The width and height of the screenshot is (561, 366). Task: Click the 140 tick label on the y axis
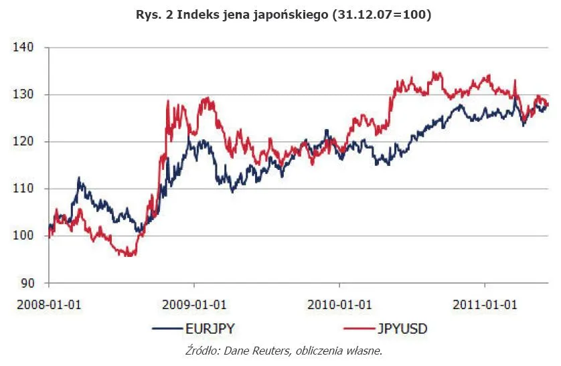(x=23, y=48)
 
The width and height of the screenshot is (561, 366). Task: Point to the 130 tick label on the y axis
(x=23, y=95)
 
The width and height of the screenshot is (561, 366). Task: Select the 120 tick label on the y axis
(x=23, y=142)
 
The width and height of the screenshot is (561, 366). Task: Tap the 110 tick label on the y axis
(x=23, y=189)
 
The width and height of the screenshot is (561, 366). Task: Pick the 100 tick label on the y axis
(x=23, y=236)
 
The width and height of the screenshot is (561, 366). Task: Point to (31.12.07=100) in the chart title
(x=381, y=14)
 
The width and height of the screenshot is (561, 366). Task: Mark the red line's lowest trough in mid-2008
(x=129, y=255)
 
